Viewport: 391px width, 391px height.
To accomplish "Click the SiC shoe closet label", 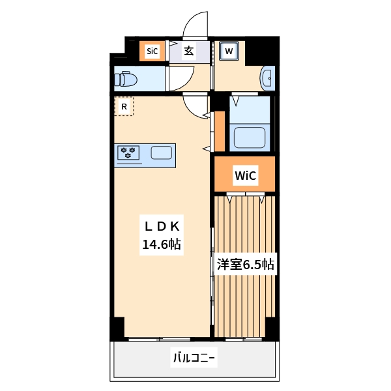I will [x=152, y=51].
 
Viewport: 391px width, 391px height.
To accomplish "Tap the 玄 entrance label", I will [x=188, y=51].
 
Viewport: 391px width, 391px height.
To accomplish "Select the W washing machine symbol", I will [x=229, y=51].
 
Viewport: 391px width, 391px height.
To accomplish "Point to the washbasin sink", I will [x=267, y=79].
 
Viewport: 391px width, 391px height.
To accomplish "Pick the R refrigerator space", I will [x=124, y=106].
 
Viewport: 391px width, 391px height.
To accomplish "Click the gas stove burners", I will [x=128, y=152].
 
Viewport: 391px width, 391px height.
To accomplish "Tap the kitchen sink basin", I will [x=161, y=153].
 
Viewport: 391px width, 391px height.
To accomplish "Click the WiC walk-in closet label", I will [x=245, y=175].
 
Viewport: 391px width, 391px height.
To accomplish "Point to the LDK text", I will [x=162, y=226].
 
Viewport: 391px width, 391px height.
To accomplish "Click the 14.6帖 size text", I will [x=162, y=245].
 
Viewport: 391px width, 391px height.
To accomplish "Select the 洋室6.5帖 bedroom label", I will [x=245, y=264].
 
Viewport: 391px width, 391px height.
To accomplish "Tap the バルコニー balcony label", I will [x=194, y=358].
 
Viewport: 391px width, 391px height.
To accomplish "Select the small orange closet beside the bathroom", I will [x=220, y=131].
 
